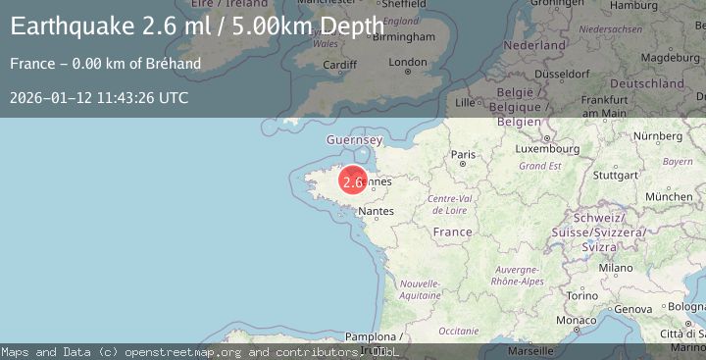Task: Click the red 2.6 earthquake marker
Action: click(353, 181)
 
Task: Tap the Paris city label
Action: click(463, 155)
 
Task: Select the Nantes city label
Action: click(376, 211)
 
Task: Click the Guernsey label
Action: click(354, 141)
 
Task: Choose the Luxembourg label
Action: click(548, 150)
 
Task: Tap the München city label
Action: click(669, 196)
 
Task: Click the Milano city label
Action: click(616, 267)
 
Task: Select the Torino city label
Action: click(582, 295)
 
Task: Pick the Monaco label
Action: click(575, 321)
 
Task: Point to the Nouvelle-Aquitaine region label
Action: click(421, 287)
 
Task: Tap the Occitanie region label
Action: click(458, 331)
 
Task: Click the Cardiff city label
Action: click(339, 66)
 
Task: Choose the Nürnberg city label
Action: click(657, 135)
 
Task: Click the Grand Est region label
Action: click(540, 166)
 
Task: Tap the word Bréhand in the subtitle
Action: click(176, 64)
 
